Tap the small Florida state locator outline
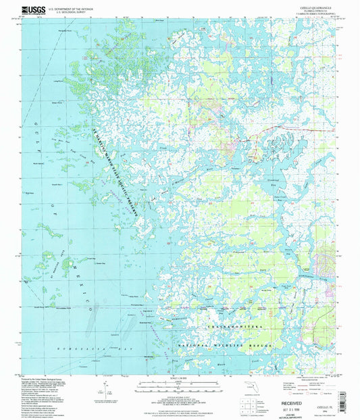point(245,388)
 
